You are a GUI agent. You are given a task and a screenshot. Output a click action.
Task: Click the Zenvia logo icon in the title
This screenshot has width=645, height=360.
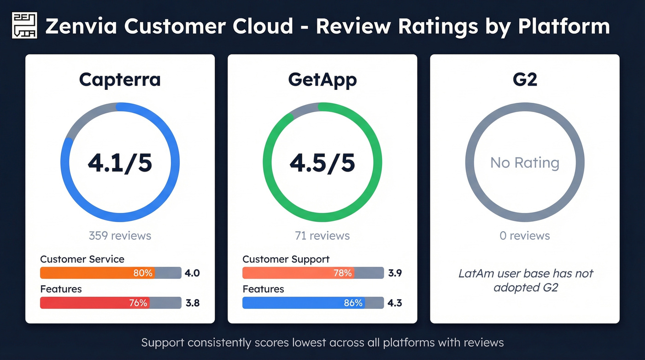tap(24, 25)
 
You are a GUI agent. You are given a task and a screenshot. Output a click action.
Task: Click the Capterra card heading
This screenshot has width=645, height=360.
tap(120, 80)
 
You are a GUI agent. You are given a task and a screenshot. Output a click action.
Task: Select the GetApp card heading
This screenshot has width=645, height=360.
tap(322, 80)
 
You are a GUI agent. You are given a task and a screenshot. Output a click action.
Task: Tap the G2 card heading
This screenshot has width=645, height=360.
tap(525, 80)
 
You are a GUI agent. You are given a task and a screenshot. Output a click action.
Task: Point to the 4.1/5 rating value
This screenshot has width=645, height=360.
tap(120, 163)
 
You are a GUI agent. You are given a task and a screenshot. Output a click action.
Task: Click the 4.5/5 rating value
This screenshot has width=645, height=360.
tap(322, 163)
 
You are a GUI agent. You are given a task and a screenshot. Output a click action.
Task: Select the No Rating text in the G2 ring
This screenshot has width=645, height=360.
tap(525, 163)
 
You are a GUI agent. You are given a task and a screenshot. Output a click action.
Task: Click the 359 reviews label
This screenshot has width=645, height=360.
tap(120, 236)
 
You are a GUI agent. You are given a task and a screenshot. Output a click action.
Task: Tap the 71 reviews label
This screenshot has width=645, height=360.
tap(322, 236)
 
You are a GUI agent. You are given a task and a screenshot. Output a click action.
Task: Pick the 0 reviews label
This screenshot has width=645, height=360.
tap(525, 236)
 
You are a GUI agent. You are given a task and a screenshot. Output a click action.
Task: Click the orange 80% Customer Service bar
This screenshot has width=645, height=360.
tap(98, 273)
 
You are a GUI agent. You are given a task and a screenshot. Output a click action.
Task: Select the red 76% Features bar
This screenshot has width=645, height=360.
tap(95, 303)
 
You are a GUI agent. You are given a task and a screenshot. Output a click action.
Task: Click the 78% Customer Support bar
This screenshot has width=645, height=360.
tap(299, 273)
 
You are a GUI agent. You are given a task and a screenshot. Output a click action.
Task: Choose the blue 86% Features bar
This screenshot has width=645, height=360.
tap(304, 303)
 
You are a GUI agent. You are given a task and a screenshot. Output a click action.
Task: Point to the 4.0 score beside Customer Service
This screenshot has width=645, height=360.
tap(192, 273)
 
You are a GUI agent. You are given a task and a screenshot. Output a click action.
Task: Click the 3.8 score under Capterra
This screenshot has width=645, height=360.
tap(192, 303)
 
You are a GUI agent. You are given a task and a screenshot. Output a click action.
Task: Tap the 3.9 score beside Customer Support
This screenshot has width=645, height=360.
tap(395, 273)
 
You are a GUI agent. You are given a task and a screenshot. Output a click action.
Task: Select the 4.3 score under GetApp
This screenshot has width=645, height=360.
tap(395, 303)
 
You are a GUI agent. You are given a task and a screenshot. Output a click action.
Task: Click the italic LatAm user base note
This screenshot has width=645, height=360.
tap(526, 280)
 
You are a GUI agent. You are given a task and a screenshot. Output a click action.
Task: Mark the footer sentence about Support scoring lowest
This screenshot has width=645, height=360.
tap(322, 342)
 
